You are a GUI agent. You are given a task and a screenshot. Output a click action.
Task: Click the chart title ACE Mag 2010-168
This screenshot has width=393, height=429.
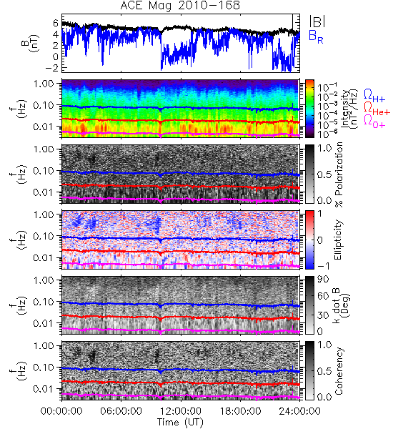[x=180, y=5]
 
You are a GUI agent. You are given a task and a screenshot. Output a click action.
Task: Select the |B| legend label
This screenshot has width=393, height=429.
[x=317, y=21]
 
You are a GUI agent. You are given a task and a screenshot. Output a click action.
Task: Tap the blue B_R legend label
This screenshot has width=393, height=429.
[x=316, y=37]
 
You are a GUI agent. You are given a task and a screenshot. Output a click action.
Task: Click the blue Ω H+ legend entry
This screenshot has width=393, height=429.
[x=374, y=96]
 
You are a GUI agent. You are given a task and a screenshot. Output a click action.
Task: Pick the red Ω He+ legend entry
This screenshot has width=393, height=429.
[x=377, y=109]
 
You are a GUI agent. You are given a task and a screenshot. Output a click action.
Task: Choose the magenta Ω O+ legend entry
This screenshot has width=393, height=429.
[x=374, y=122]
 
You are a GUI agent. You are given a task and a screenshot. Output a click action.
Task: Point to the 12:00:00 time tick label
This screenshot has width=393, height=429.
[x=181, y=411]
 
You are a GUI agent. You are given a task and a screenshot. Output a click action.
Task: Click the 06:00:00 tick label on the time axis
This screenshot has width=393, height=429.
[x=121, y=411]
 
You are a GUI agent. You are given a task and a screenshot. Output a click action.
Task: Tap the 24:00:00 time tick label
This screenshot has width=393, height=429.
[x=299, y=411]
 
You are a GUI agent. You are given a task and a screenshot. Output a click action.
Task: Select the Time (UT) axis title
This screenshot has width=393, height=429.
[x=180, y=422]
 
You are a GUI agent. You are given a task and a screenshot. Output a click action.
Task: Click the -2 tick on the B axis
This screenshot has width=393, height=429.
[x=52, y=68]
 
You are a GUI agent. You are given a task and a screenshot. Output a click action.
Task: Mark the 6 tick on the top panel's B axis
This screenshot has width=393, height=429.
[x=56, y=23]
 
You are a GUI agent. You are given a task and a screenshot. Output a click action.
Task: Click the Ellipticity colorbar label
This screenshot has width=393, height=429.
[x=338, y=240]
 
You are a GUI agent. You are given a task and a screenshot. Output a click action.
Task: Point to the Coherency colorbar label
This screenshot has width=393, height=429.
[x=339, y=371]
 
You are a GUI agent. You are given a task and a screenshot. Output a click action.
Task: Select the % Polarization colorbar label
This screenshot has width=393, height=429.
[x=339, y=174]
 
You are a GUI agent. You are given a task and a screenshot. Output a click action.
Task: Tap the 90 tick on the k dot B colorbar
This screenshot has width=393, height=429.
[x=323, y=280]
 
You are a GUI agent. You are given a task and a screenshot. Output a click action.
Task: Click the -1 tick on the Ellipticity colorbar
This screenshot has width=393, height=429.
[x=323, y=266]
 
